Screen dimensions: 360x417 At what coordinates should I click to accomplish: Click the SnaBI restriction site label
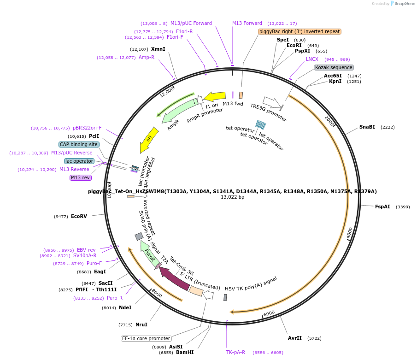click(x=367, y=127)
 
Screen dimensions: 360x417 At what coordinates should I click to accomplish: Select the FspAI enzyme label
click(x=382, y=207)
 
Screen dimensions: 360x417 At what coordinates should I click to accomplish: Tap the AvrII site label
click(x=295, y=338)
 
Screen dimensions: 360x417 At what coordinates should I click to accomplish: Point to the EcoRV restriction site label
click(x=79, y=216)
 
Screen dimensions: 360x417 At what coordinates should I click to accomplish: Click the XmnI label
click(x=158, y=49)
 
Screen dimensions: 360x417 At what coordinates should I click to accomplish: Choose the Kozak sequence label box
click(x=334, y=67)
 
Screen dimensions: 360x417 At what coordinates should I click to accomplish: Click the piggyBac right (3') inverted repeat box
click(x=300, y=31)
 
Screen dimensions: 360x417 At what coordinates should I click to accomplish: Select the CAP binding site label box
click(x=79, y=144)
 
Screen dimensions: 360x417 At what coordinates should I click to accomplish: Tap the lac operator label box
click(x=79, y=161)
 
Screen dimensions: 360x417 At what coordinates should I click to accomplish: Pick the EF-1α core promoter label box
click(x=146, y=338)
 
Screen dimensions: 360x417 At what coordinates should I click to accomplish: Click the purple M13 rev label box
click(x=81, y=177)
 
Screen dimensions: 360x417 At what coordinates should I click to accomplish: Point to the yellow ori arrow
click(x=149, y=140)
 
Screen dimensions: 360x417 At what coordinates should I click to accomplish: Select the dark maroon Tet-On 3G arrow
click(x=174, y=279)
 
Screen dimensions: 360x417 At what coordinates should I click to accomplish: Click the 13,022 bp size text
click(x=232, y=197)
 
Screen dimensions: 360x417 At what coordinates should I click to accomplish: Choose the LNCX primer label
click(x=312, y=59)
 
